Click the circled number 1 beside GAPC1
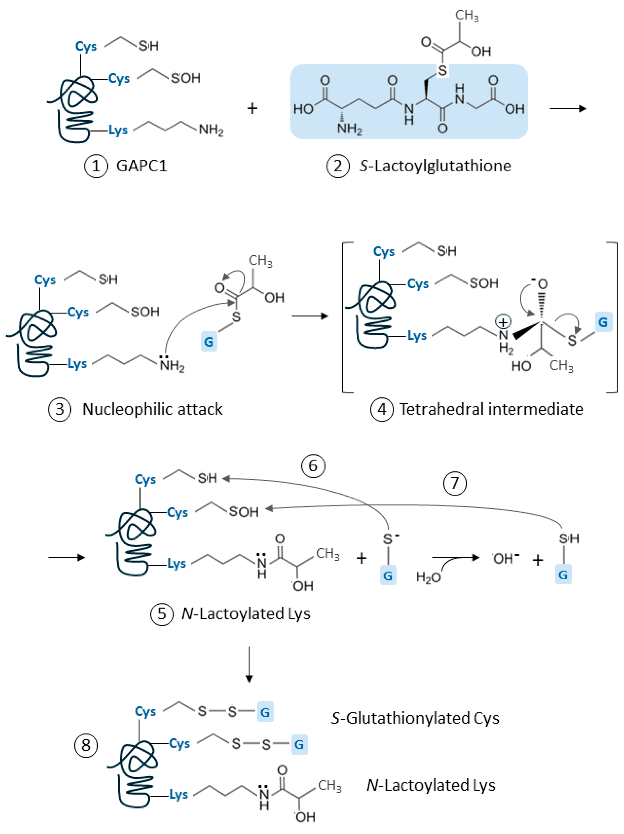96,166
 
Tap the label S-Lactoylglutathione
435,166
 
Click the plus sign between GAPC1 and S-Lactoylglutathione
252,109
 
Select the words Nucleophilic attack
152,409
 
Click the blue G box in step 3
209,341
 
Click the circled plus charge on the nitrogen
503,322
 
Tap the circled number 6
313,466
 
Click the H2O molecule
428,577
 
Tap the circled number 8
86,745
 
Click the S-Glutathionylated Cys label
415,718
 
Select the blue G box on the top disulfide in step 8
265,712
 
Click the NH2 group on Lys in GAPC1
211,130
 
